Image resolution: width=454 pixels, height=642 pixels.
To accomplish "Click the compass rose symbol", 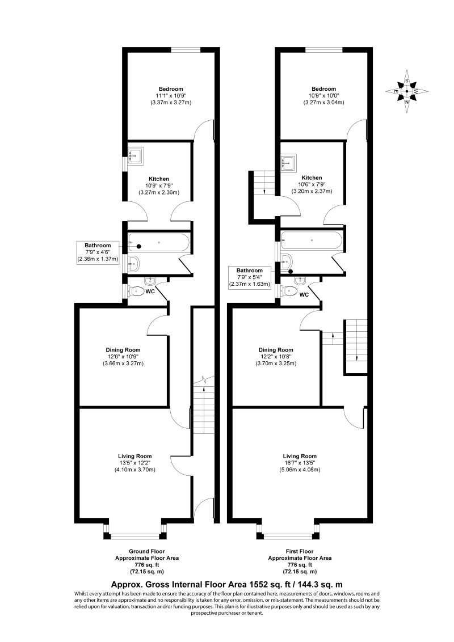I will (x=407, y=91).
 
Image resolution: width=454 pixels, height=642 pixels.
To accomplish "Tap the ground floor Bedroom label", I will (x=170, y=89).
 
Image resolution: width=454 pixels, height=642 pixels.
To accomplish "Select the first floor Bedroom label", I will (x=323, y=89).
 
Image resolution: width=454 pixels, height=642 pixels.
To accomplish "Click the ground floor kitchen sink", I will (x=136, y=156).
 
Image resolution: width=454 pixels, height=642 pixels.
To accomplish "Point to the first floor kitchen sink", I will (x=289, y=163).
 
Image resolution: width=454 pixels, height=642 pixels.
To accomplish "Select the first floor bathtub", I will (x=312, y=240).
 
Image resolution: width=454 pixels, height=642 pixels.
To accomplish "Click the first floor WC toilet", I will (x=290, y=290).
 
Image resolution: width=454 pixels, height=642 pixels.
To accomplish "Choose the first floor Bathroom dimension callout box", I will (x=250, y=277).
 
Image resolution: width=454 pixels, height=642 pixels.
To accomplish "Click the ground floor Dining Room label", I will (x=123, y=350).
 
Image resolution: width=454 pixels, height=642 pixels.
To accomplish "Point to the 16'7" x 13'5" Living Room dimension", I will (x=300, y=462).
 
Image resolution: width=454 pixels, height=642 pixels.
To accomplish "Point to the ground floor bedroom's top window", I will (x=187, y=51).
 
